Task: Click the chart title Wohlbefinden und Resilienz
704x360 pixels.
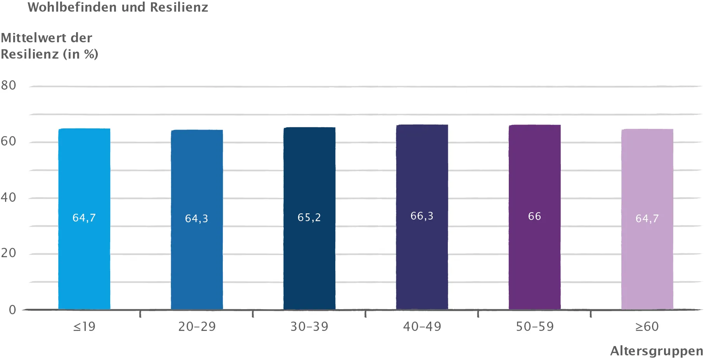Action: [x=118, y=7]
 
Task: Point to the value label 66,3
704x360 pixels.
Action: [x=422, y=216]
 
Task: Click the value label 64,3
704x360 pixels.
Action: [x=196, y=219]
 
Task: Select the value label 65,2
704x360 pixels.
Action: [x=309, y=218]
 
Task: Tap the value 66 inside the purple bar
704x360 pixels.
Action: [x=534, y=216]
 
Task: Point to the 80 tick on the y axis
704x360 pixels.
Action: [x=9, y=85]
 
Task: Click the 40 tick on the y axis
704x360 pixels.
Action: [x=9, y=197]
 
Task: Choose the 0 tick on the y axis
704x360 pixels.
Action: [x=12, y=310]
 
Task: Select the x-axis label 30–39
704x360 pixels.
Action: [x=309, y=327]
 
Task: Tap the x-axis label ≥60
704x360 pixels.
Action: [x=647, y=327]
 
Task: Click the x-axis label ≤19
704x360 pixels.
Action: [x=84, y=327]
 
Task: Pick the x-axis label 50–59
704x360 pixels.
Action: [x=534, y=327]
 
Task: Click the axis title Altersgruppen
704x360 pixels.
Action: [x=656, y=351]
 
